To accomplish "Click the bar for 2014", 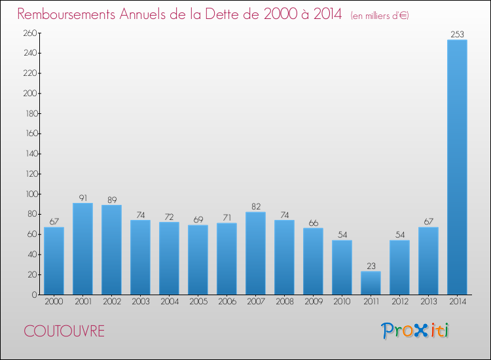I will click(x=457, y=167).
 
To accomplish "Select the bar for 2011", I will click(x=371, y=283).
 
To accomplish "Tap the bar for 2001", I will click(x=82, y=249).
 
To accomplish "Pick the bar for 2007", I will click(x=255, y=253).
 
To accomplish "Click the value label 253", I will click(x=457, y=34).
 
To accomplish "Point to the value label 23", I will click(x=371, y=266).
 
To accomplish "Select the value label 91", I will click(x=82, y=198).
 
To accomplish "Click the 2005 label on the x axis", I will click(x=198, y=302).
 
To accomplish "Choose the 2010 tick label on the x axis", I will click(x=342, y=302).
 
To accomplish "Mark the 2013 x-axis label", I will click(x=428, y=302).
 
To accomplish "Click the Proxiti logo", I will click(x=415, y=331).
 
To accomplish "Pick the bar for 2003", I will click(x=140, y=257).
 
